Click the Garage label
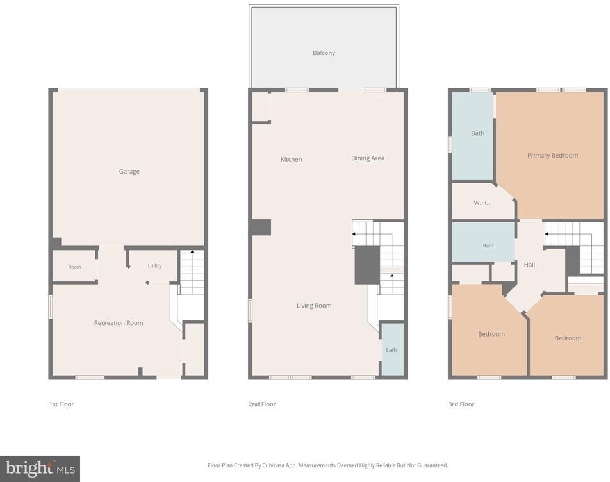point(129,172)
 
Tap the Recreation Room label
point(119,323)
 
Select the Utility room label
point(154,266)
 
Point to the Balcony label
point(324,53)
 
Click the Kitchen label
point(291,159)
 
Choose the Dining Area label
point(368,158)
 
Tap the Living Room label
point(314,306)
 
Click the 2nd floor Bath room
point(392,349)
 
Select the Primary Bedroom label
point(552,156)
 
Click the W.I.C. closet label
point(482,203)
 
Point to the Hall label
point(529,265)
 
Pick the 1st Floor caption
point(61,404)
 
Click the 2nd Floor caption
point(262,404)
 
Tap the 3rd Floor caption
point(461,404)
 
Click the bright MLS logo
point(40,469)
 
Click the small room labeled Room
point(74,267)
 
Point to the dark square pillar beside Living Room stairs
point(367,265)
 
